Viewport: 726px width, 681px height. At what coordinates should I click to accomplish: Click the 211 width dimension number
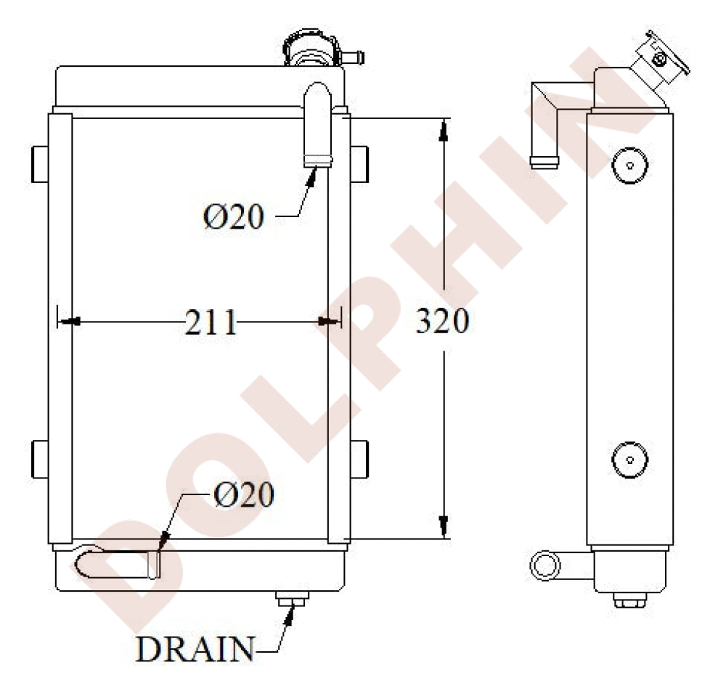211,322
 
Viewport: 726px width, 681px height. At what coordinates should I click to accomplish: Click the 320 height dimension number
442,321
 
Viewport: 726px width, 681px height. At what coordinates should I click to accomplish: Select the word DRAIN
195,650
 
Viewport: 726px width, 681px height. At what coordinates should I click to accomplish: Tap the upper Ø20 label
233,217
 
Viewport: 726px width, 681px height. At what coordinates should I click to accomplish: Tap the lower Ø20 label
244,495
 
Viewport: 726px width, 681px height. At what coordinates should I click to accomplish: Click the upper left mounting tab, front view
41,163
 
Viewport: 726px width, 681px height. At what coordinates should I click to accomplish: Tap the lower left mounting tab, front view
41,459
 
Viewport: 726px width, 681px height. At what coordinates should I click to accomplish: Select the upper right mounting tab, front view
359,163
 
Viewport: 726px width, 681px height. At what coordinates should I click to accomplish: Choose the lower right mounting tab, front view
359,459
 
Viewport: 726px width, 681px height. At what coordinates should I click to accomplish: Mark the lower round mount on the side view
629,459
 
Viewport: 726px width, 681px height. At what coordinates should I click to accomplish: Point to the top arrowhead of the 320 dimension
444,128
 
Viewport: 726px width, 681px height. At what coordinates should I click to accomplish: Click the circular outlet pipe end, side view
542,565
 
